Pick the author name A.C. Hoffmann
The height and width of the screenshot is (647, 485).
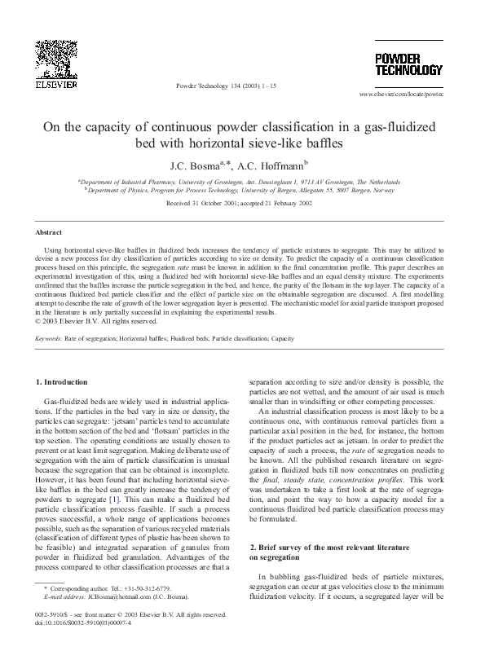click(x=274, y=164)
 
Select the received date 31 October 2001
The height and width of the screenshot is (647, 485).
click(x=208, y=202)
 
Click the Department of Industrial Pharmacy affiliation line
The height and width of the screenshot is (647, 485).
click(x=242, y=181)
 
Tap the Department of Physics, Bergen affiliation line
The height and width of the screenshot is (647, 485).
click(x=242, y=189)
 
